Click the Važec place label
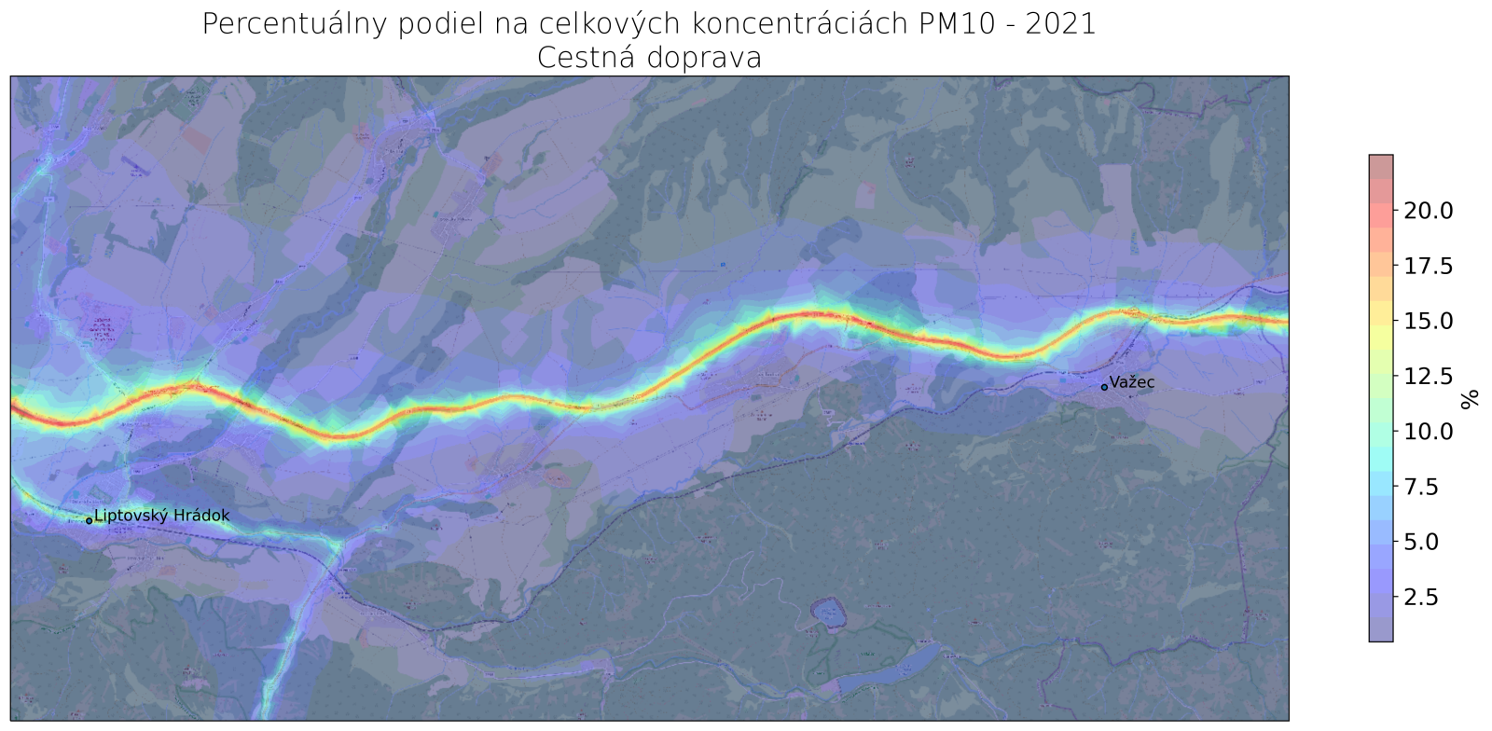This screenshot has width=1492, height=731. click(x=1132, y=382)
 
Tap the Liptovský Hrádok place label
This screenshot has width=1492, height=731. click(x=161, y=516)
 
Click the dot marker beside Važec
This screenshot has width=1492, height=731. click(x=1104, y=387)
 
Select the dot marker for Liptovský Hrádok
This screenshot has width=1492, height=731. click(x=90, y=520)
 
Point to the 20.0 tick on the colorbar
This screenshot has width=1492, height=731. click(x=1428, y=211)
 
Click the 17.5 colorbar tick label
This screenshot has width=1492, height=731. click(x=1428, y=267)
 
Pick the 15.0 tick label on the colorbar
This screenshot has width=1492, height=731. click(x=1428, y=321)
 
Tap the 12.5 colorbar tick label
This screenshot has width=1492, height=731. click(x=1428, y=376)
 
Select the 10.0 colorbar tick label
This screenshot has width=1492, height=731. click(x=1428, y=431)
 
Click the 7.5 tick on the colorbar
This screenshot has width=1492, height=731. click(x=1422, y=487)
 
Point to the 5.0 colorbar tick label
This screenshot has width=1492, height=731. click(x=1422, y=542)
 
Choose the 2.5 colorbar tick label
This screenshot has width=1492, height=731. click(x=1422, y=597)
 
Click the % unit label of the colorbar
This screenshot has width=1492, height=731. click(x=1471, y=399)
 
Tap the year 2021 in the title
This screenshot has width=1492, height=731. click(x=1060, y=23)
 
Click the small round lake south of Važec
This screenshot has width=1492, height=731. click(x=826, y=614)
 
